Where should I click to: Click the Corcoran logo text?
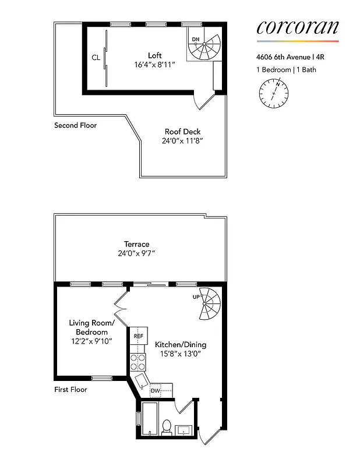(297, 27)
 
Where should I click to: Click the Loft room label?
(154, 55)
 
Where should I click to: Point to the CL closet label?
(96, 58)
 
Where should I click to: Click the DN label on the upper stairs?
(196, 40)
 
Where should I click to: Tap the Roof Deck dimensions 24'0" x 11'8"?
(182, 141)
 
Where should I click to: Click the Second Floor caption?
(75, 125)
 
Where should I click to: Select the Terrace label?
(136, 244)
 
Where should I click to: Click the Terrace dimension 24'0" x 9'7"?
(136, 253)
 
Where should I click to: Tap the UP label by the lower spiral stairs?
(196, 297)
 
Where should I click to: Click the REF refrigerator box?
(139, 336)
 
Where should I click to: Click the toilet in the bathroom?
(167, 428)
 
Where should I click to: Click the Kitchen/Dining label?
(180, 344)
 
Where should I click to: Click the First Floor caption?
(70, 389)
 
